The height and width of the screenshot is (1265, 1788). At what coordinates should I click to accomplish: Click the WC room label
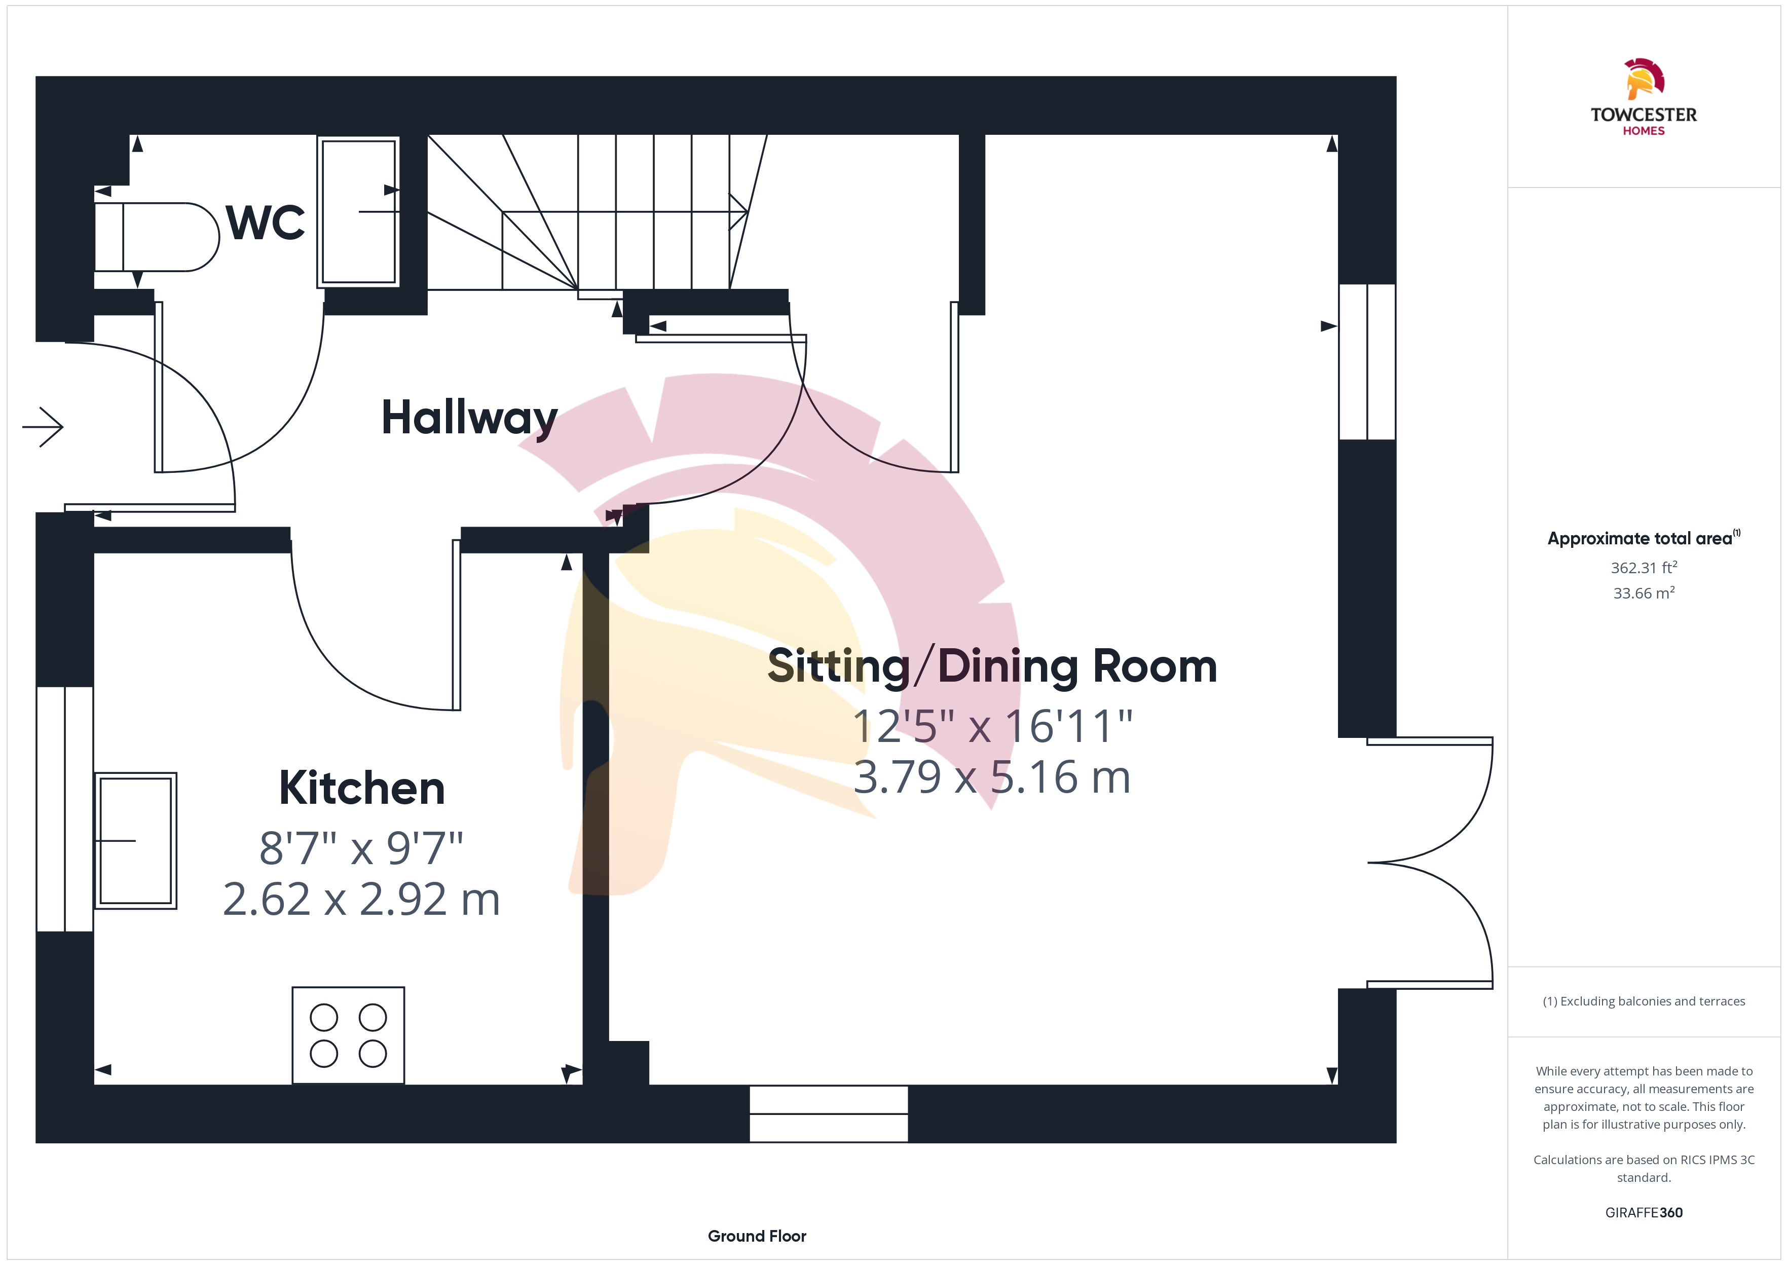coord(265,223)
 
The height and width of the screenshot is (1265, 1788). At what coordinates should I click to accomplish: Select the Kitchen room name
coord(362,788)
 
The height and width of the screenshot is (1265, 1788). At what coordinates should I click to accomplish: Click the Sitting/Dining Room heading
coord(992,667)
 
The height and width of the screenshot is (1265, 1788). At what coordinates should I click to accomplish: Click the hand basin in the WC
coord(358,212)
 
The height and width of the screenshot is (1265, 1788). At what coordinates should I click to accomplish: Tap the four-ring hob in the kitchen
coord(348,1035)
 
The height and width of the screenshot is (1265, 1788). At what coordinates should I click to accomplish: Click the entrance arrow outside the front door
coord(43,427)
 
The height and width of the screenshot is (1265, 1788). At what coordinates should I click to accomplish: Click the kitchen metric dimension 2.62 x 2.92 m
coord(361,900)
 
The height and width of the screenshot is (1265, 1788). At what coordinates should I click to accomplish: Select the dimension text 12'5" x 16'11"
coord(993,727)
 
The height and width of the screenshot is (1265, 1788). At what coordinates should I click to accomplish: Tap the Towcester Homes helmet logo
coord(1644,79)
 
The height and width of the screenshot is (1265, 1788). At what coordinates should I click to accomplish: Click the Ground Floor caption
coord(757,1236)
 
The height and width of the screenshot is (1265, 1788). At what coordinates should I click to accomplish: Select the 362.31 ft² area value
coord(1644,568)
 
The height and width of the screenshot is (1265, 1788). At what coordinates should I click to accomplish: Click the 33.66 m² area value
coord(1644,593)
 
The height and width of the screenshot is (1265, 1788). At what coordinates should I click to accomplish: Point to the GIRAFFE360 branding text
coord(1644,1213)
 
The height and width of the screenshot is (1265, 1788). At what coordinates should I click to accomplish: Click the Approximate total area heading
coord(1644,538)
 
